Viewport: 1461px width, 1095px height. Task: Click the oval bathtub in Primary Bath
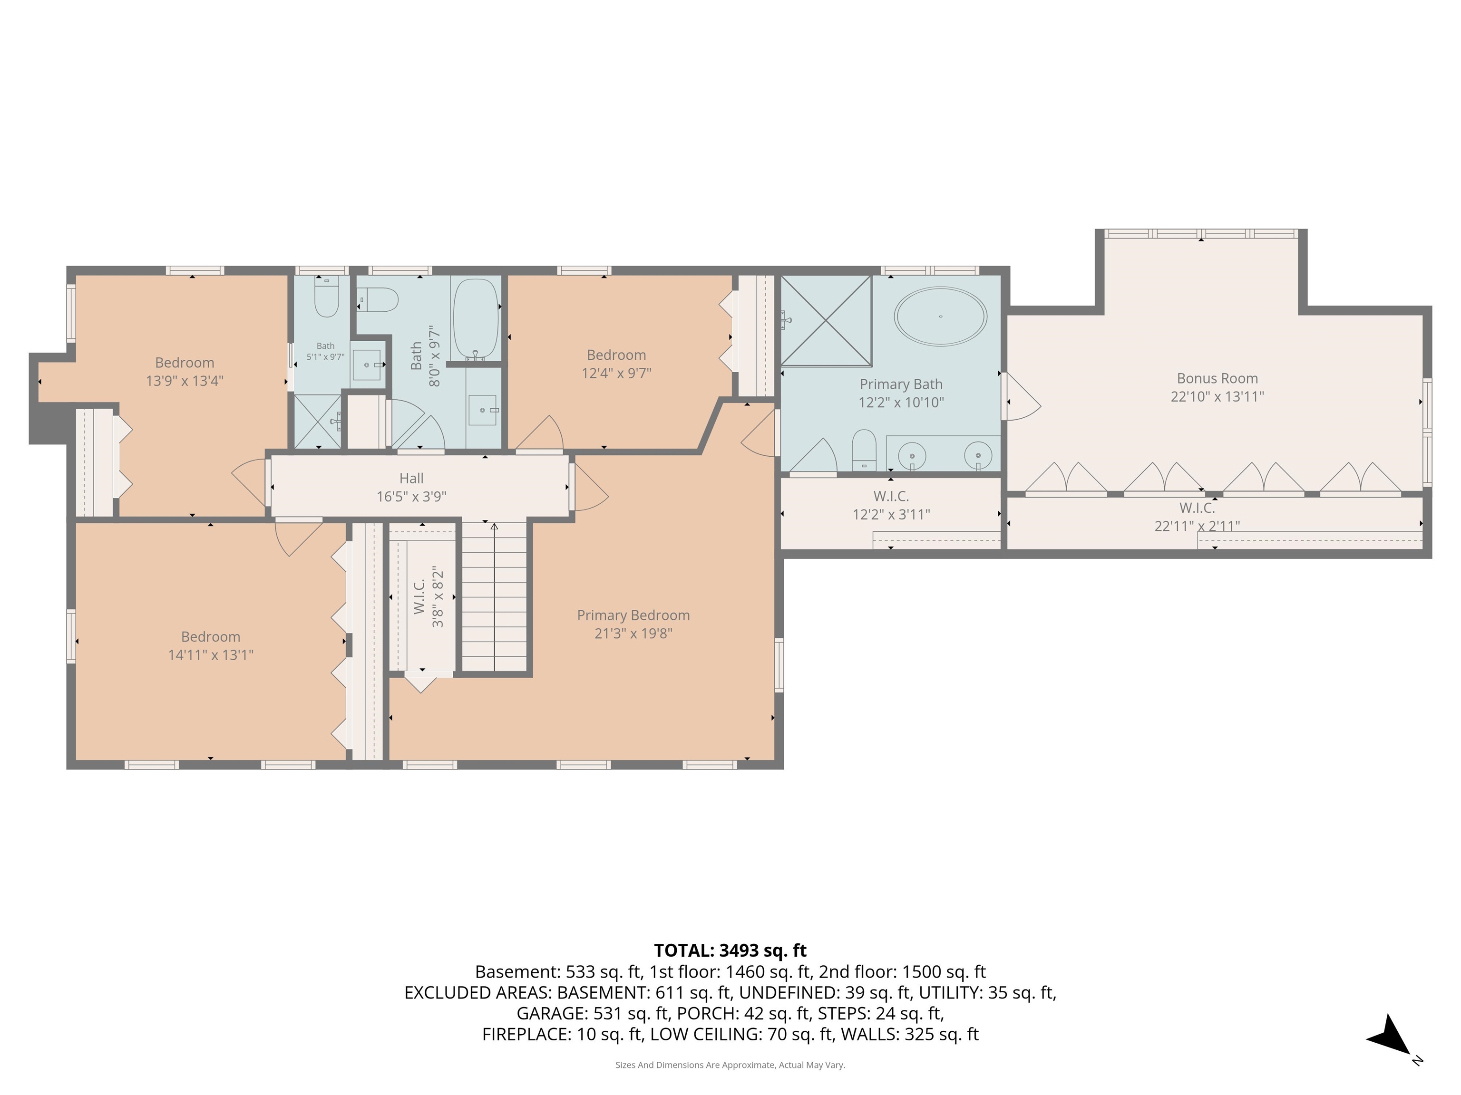pyautogui.click(x=941, y=316)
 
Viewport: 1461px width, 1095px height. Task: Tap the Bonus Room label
pyautogui.click(x=1217, y=378)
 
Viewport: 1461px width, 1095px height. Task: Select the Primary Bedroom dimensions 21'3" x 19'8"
pyautogui.click(x=633, y=634)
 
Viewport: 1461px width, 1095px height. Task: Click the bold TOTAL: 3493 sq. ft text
pyautogui.click(x=730, y=951)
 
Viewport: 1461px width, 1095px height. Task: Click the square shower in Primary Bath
pyautogui.click(x=826, y=320)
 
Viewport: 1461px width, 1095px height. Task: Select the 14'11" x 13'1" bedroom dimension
pyautogui.click(x=211, y=655)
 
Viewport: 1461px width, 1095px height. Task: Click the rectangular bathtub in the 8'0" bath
pyautogui.click(x=476, y=319)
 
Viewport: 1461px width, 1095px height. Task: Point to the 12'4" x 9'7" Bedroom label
pyautogui.click(x=616, y=355)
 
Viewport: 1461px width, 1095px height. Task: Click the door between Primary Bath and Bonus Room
pyautogui.click(x=1021, y=396)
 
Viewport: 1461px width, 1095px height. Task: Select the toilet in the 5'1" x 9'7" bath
pyautogui.click(x=326, y=297)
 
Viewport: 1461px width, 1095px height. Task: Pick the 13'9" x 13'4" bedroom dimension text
pyautogui.click(x=185, y=381)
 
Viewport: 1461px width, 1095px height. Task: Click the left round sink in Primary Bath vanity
pyautogui.click(x=912, y=455)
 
